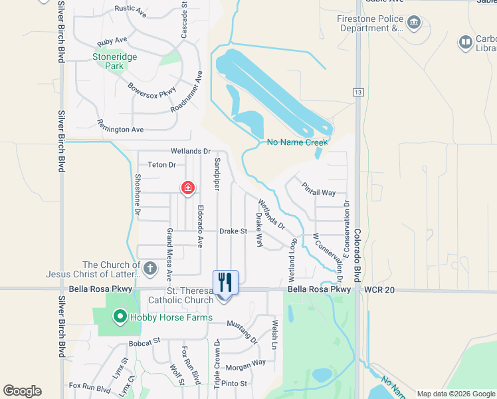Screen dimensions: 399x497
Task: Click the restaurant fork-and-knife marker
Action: [x=225, y=282]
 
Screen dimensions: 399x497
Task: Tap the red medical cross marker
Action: [x=188, y=189]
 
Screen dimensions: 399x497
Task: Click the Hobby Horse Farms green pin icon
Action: [x=120, y=317]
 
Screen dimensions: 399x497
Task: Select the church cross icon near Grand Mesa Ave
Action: [x=150, y=269]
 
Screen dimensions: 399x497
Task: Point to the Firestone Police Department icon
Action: [x=414, y=24]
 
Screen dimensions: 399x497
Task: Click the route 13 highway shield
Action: [x=358, y=93]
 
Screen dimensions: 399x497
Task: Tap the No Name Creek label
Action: [x=297, y=142]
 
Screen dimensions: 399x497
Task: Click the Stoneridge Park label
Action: [x=115, y=62]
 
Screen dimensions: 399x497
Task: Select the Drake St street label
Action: [x=233, y=231]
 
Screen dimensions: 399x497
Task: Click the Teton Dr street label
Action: [x=161, y=165]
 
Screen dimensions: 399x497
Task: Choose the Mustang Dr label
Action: [x=242, y=331]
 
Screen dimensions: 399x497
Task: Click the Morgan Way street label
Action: [x=245, y=364]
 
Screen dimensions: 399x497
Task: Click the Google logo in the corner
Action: [x=22, y=391]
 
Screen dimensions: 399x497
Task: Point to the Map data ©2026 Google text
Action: [x=455, y=394]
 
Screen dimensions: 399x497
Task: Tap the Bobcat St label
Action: [x=145, y=341]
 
